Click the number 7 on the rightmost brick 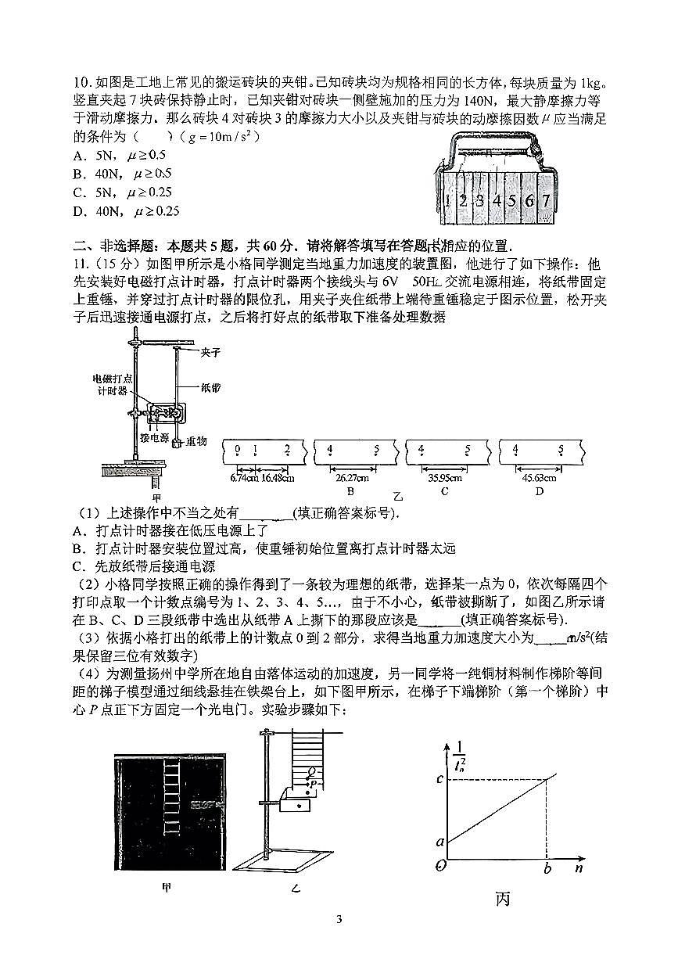546,199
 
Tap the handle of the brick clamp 493,140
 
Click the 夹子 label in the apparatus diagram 210,352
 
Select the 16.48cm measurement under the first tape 278,478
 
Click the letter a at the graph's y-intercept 440,842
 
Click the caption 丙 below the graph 502,899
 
